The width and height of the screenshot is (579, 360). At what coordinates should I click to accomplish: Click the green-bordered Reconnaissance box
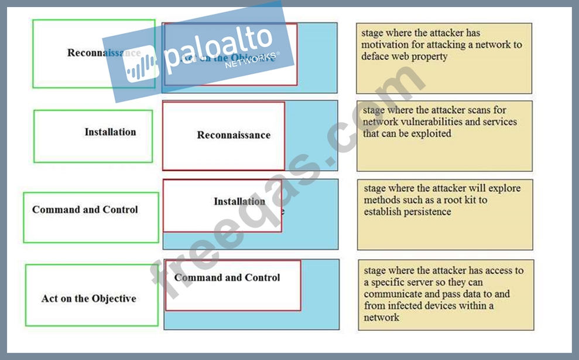point(94,53)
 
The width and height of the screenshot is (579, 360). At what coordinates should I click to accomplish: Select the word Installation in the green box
point(110,132)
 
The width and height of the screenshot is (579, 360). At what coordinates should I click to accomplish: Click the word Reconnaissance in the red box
point(234,135)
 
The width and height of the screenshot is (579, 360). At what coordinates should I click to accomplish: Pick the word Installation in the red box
point(239,201)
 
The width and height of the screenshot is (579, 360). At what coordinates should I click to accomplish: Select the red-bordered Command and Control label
point(227,277)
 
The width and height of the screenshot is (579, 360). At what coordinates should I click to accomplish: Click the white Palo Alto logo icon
point(141,63)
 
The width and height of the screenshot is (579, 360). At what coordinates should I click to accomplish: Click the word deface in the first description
point(375,56)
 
